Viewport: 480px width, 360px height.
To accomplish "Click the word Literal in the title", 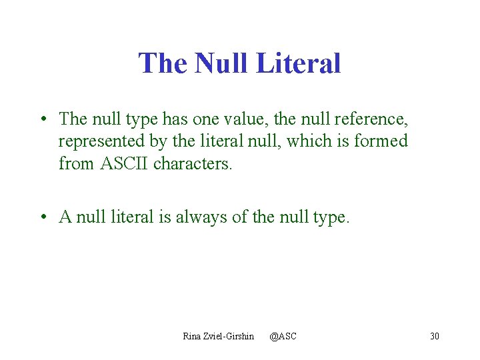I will pos(298,63).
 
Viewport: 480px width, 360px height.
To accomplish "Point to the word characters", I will pos(193,163).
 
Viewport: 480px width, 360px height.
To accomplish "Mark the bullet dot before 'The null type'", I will pos(42,119).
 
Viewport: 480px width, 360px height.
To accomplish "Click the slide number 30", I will pos(435,336).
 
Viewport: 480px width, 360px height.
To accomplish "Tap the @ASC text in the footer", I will pos(283,336).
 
